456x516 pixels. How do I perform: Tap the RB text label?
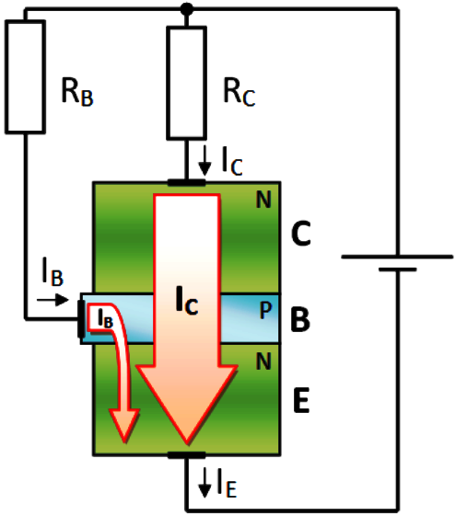pyautogui.click(x=77, y=93)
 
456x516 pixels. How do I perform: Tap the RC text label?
pyautogui.click(x=240, y=93)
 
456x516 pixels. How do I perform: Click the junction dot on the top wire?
pyautogui.click(x=187, y=9)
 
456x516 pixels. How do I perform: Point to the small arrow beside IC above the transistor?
pyautogui.click(x=205, y=161)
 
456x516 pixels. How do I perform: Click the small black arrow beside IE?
pyautogui.click(x=205, y=483)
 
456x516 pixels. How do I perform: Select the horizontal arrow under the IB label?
pyautogui.click(x=53, y=300)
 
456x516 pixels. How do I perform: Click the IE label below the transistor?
pyautogui.click(x=227, y=483)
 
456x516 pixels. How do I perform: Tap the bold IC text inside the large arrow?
pyautogui.click(x=187, y=300)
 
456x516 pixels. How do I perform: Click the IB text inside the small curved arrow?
pyautogui.click(x=105, y=318)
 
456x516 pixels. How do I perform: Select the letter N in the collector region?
pyautogui.click(x=263, y=200)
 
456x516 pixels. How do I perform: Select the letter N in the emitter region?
pyautogui.click(x=263, y=361)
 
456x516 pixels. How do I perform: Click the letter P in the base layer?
pyautogui.click(x=265, y=310)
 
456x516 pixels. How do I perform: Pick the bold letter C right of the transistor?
pyautogui.click(x=301, y=234)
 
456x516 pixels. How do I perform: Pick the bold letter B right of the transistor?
pyautogui.click(x=300, y=318)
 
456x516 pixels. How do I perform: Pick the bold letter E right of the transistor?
pyautogui.click(x=301, y=400)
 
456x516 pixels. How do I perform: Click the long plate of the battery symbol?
pyautogui.click(x=397, y=257)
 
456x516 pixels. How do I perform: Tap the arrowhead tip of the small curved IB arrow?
pyautogui.click(x=125, y=442)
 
